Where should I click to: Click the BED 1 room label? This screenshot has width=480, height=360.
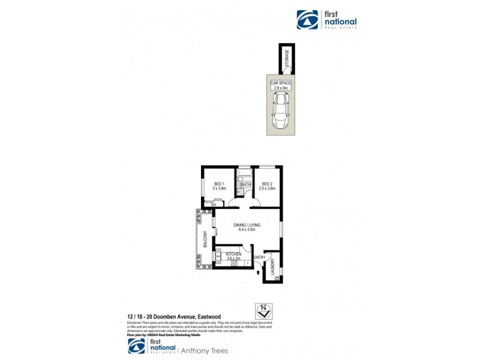(218, 184)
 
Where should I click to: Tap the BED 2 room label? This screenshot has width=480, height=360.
(267, 184)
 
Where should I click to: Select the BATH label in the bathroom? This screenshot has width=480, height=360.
(246, 185)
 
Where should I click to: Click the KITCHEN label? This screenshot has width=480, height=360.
(234, 254)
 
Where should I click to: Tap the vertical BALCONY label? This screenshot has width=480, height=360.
(205, 239)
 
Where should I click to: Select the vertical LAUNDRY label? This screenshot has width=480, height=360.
(272, 268)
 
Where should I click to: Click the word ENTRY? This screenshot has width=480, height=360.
(259, 258)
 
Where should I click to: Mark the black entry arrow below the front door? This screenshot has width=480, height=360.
(259, 272)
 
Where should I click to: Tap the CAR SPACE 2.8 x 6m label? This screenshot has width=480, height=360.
(280, 85)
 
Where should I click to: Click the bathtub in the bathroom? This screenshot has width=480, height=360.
(244, 174)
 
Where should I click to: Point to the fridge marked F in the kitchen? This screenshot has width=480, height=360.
(247, 263)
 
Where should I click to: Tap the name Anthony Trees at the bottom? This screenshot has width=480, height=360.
(207, 350)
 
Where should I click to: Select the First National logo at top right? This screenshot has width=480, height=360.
(327, 20)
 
